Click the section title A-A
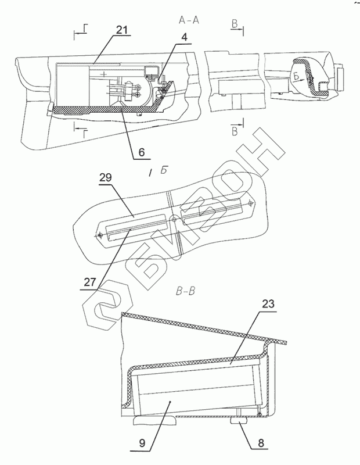[x=189, y=19]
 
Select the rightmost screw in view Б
[x=250, y=202]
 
